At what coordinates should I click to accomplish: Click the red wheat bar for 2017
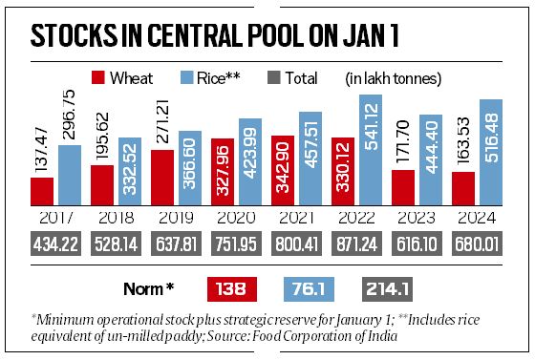(41, 191)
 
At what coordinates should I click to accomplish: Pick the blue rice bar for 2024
(491, 152)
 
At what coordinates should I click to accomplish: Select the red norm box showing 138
(235, 286)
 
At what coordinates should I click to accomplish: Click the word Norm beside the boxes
(149, 286)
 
